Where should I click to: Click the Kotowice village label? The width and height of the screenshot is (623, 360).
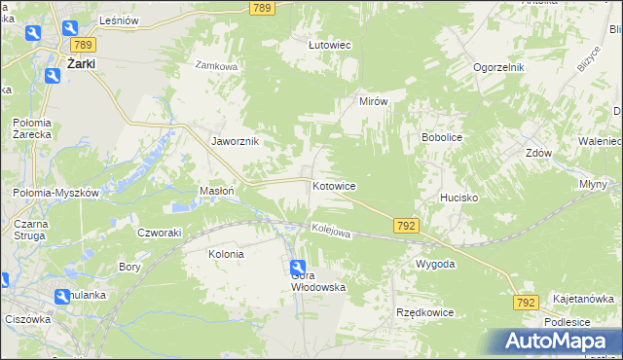point(333,185)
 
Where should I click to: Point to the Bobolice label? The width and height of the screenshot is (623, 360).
point(441,137)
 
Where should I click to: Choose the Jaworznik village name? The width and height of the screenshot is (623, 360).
point(235,140)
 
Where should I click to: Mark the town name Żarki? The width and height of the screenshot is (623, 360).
point(86,65)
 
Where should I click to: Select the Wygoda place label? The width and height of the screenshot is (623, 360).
point(435,264)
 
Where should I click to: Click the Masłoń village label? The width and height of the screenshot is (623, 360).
point(216,191)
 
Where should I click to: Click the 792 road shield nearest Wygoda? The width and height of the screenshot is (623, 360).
point(407,225)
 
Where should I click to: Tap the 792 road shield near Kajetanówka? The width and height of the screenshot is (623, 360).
point(525,304)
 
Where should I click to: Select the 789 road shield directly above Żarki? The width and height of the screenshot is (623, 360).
point(82,45)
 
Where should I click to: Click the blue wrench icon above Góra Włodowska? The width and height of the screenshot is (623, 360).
point(297,269)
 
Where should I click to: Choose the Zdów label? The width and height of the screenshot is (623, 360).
point(538,154)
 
